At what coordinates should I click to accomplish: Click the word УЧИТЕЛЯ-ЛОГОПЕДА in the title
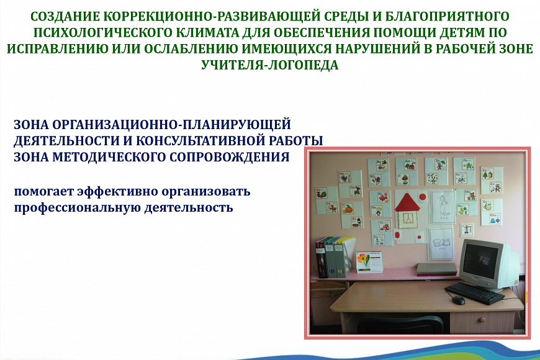[269, 65]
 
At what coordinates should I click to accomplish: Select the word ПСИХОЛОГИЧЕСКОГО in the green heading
[102, 32]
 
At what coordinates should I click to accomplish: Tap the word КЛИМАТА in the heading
[208, 32]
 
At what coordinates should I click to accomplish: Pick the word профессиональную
[77, 208]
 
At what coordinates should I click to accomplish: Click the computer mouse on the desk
[459, 300]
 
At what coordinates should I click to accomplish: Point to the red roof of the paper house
[408, 202]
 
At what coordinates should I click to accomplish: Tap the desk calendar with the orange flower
[369, 262]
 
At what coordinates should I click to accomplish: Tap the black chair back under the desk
[400, 324]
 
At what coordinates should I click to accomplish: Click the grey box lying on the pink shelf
[437, 269]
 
